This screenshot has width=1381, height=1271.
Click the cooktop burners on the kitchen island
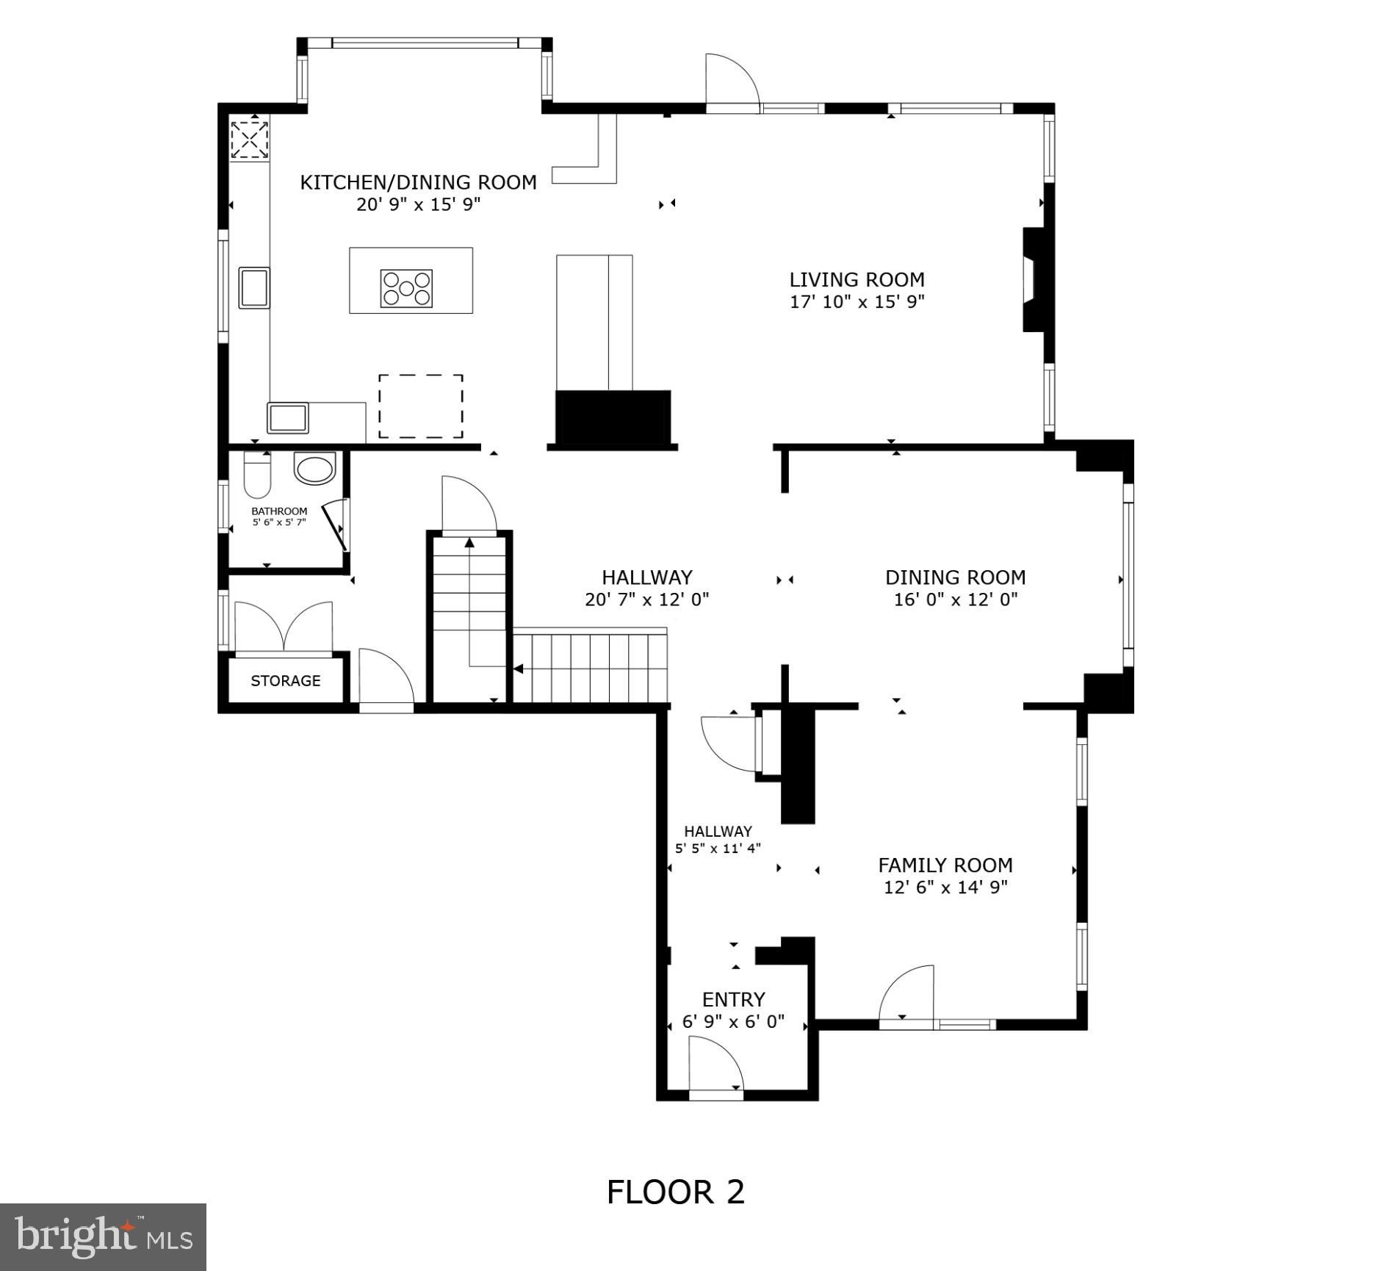(406, 288)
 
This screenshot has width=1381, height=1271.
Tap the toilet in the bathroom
(257, 475)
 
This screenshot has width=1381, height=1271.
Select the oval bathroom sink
(314, 468)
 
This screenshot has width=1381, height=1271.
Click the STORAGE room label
(286, 681)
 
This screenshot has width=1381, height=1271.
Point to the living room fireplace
(1037, 279)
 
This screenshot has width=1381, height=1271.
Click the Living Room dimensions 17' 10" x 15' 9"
(857, 301)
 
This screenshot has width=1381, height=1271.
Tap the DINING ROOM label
(955, 577)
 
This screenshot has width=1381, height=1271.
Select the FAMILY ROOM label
(945, 865)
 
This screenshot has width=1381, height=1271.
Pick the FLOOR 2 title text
(676, 1192)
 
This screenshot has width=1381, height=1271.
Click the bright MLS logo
(103, 1236)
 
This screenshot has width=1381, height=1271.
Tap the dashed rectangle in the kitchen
(421, 406)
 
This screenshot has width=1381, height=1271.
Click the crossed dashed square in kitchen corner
(250, 140)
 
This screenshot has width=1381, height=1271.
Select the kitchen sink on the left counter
(254, 287)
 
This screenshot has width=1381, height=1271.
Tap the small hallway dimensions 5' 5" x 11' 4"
(718, 848)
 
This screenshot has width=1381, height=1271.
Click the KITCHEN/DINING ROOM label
(418, 182)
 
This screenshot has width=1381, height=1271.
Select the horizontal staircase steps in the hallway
(590, 667)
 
